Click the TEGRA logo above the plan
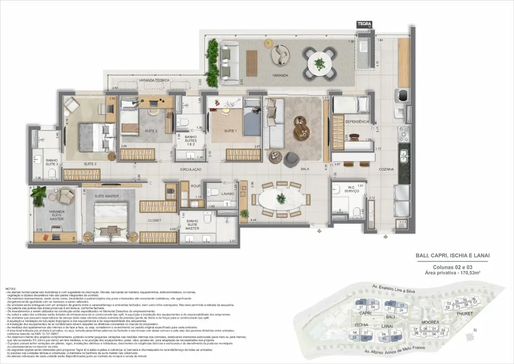coord(364,24)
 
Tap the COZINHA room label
coord(386,169)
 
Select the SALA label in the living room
coord(305,169)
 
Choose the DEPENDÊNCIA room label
coord(357,122)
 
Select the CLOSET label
coord(154,220)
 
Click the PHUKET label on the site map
coord(464,314)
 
